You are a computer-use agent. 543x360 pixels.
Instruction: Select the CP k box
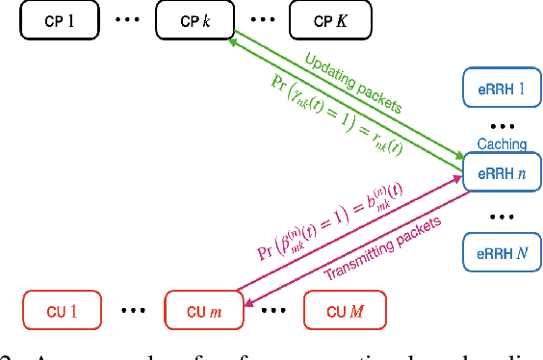[195, 19]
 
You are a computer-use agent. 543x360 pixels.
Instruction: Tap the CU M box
[344, 311]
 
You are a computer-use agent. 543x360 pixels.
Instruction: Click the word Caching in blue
[502, 144]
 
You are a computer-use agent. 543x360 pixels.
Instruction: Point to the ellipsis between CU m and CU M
[275, 311]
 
